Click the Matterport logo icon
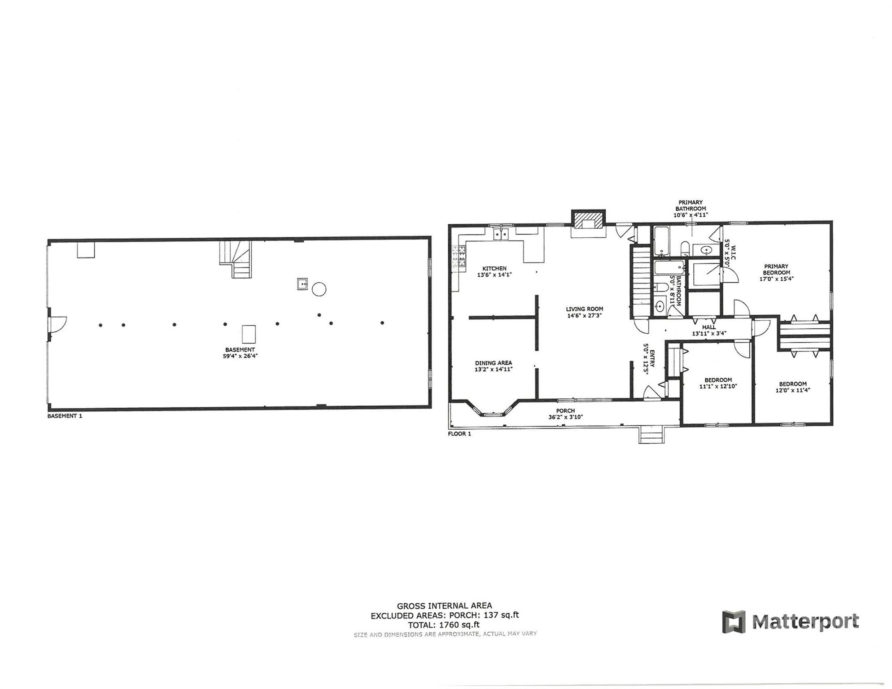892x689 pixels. tap(734, 622)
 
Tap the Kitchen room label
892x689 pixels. tap(494, 268)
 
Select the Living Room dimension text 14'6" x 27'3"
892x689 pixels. tap(584, 315)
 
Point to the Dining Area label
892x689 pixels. tap(494, 363)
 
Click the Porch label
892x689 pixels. tap(565, 410)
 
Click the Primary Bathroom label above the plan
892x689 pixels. tap(691, 205)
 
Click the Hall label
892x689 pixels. tap(709, 327)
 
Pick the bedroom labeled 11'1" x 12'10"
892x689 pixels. tap(718, 383)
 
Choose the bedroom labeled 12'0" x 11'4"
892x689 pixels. tap(792, 387)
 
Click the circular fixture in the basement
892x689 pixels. tap(319, 289)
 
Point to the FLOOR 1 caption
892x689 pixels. tap(459, 434)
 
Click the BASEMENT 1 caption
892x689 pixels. tap(65, 416)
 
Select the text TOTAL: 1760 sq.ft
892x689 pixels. tap(443, 624)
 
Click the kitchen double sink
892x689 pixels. tap(501, 234)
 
